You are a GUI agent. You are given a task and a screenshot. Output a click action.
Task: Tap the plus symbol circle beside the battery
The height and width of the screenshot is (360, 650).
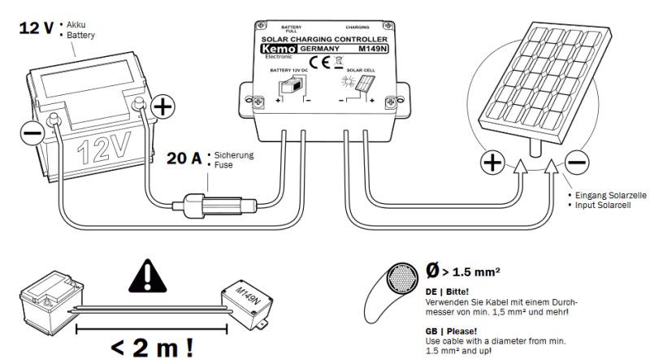tap(163, 106)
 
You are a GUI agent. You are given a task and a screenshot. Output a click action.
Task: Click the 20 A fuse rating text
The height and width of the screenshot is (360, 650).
tap(185, 158)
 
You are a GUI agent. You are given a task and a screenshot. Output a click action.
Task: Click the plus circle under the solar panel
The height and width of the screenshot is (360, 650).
tap(493, 163)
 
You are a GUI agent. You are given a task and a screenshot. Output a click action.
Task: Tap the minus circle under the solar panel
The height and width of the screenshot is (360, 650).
tap(575, 163)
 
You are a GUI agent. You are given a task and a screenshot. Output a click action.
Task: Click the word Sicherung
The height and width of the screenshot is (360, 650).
tap(235, 154)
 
